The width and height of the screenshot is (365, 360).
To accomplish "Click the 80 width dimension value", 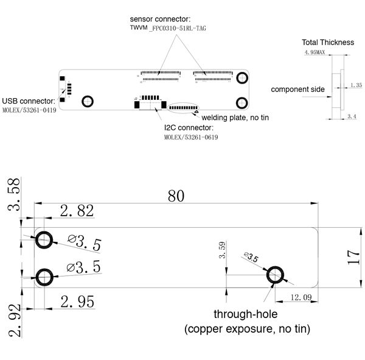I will pos(176,196).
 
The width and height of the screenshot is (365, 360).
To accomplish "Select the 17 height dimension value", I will pos(354,256).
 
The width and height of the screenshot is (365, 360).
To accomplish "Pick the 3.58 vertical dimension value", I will pos(13,195).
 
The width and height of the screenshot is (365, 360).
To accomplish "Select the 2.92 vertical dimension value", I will pos(13,321).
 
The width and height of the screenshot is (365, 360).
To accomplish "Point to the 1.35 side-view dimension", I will pos(356,85).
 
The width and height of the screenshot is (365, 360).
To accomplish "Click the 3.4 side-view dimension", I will pos(352,116).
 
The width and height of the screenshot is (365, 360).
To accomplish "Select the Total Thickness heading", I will pos(328,43).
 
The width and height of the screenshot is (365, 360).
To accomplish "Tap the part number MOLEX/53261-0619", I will pos(191,138).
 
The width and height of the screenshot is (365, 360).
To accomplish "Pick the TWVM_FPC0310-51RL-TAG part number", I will pos(164,29).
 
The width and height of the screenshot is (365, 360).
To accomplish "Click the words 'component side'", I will pos(297,90).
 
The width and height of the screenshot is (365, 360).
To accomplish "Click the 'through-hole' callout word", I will pos(245,315).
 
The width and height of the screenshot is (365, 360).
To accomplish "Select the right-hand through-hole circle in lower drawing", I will pos(276,275).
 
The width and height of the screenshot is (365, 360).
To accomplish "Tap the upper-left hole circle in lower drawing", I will pos(44,239).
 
